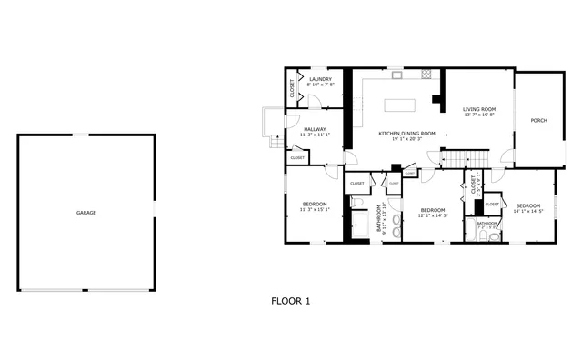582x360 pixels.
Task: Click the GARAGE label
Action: (x=86, y=213)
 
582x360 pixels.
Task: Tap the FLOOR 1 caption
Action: (x=291, y=299)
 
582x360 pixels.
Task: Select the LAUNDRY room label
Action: (x=320, y=79)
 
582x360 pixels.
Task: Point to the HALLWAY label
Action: (x=315, y=129)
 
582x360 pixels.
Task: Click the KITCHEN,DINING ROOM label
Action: (x=406, y=134)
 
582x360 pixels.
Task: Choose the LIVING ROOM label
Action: (x=477, y=109)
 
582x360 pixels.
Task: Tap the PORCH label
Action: (x=539, y=120)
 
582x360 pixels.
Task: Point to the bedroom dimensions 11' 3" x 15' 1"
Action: (x=315, y=209)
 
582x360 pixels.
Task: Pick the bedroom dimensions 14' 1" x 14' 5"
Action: (x=527, y=212)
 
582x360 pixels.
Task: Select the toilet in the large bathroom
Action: (x=357, y=202)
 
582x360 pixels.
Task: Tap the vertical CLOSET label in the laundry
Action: (x=292, y=88)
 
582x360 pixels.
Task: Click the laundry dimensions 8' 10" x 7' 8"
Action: (x=321, y=85)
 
